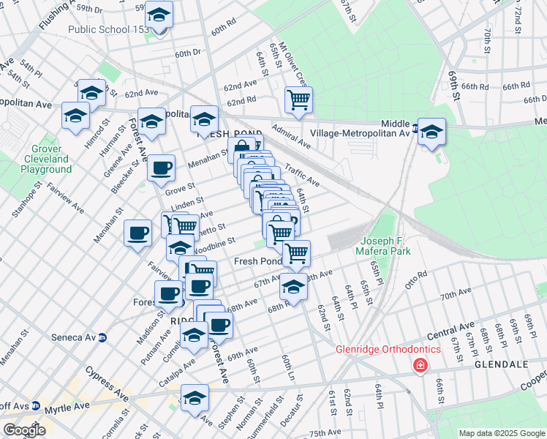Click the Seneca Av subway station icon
[x=103, y=337]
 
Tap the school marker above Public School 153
[x=158, y=15]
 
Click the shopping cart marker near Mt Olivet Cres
[x=298, y=100]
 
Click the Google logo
[x=24, y=430]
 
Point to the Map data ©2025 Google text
[x=502, y=432]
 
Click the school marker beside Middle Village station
[x=432, y=132]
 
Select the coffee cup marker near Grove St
[x=162, y=168]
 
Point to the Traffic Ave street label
[x=302, y=173]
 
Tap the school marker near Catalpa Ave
[x=194, y=335]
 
